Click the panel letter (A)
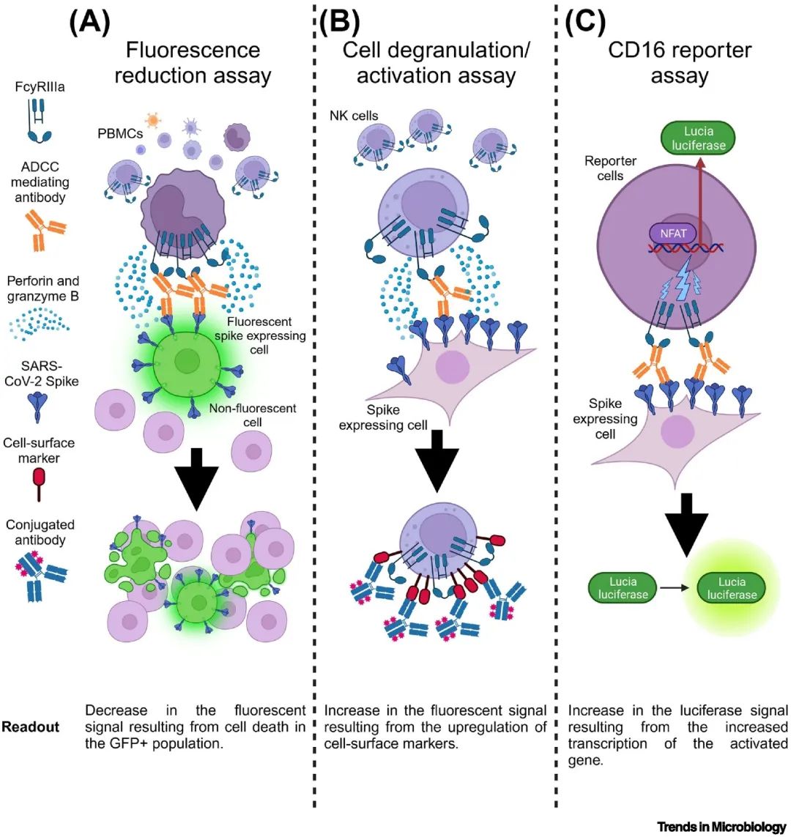(89, 23)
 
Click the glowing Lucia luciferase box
(732, 587)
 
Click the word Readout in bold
(30, 727)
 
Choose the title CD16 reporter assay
(679, 62)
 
